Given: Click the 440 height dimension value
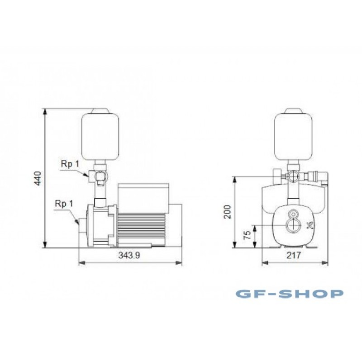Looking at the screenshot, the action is [x=38, y=178].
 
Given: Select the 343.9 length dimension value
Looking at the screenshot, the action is [x=129, y=255].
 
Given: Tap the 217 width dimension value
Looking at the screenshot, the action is [x=294, y=255].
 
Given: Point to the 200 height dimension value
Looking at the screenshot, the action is [x=228, y=212].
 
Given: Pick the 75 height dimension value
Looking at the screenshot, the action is [x=247, y=234].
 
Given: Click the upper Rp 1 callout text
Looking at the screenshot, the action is [x=70, y=164].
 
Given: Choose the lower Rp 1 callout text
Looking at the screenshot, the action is [x=64, y=203].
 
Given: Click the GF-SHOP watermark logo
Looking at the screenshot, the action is [x=290, y=294].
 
